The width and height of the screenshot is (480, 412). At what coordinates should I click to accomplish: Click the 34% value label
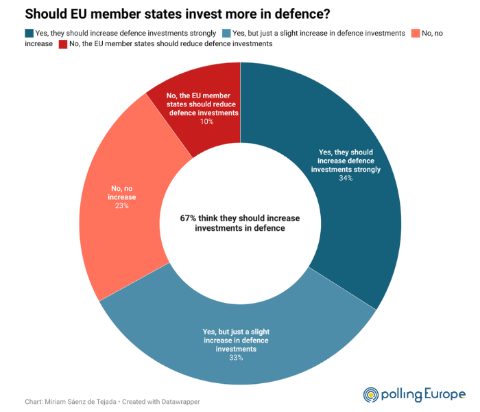pyautogui.click(x=345, y=179)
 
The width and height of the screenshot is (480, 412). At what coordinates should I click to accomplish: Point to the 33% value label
pyautogui.click(x=236, y=358)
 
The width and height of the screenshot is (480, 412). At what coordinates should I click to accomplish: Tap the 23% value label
pyautogui.click(x=122, y=205)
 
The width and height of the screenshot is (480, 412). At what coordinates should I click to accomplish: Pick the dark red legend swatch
pyautogui.click(x=62, y=43)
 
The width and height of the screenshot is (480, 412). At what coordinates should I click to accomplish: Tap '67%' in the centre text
pyautogui.click(x=188, y=218)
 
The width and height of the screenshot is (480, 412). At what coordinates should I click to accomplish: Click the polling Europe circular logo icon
pyautogui.click(x=370, y=394)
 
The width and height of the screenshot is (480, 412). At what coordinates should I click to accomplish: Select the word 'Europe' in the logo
pyautogui.click(x=445, y=394)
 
